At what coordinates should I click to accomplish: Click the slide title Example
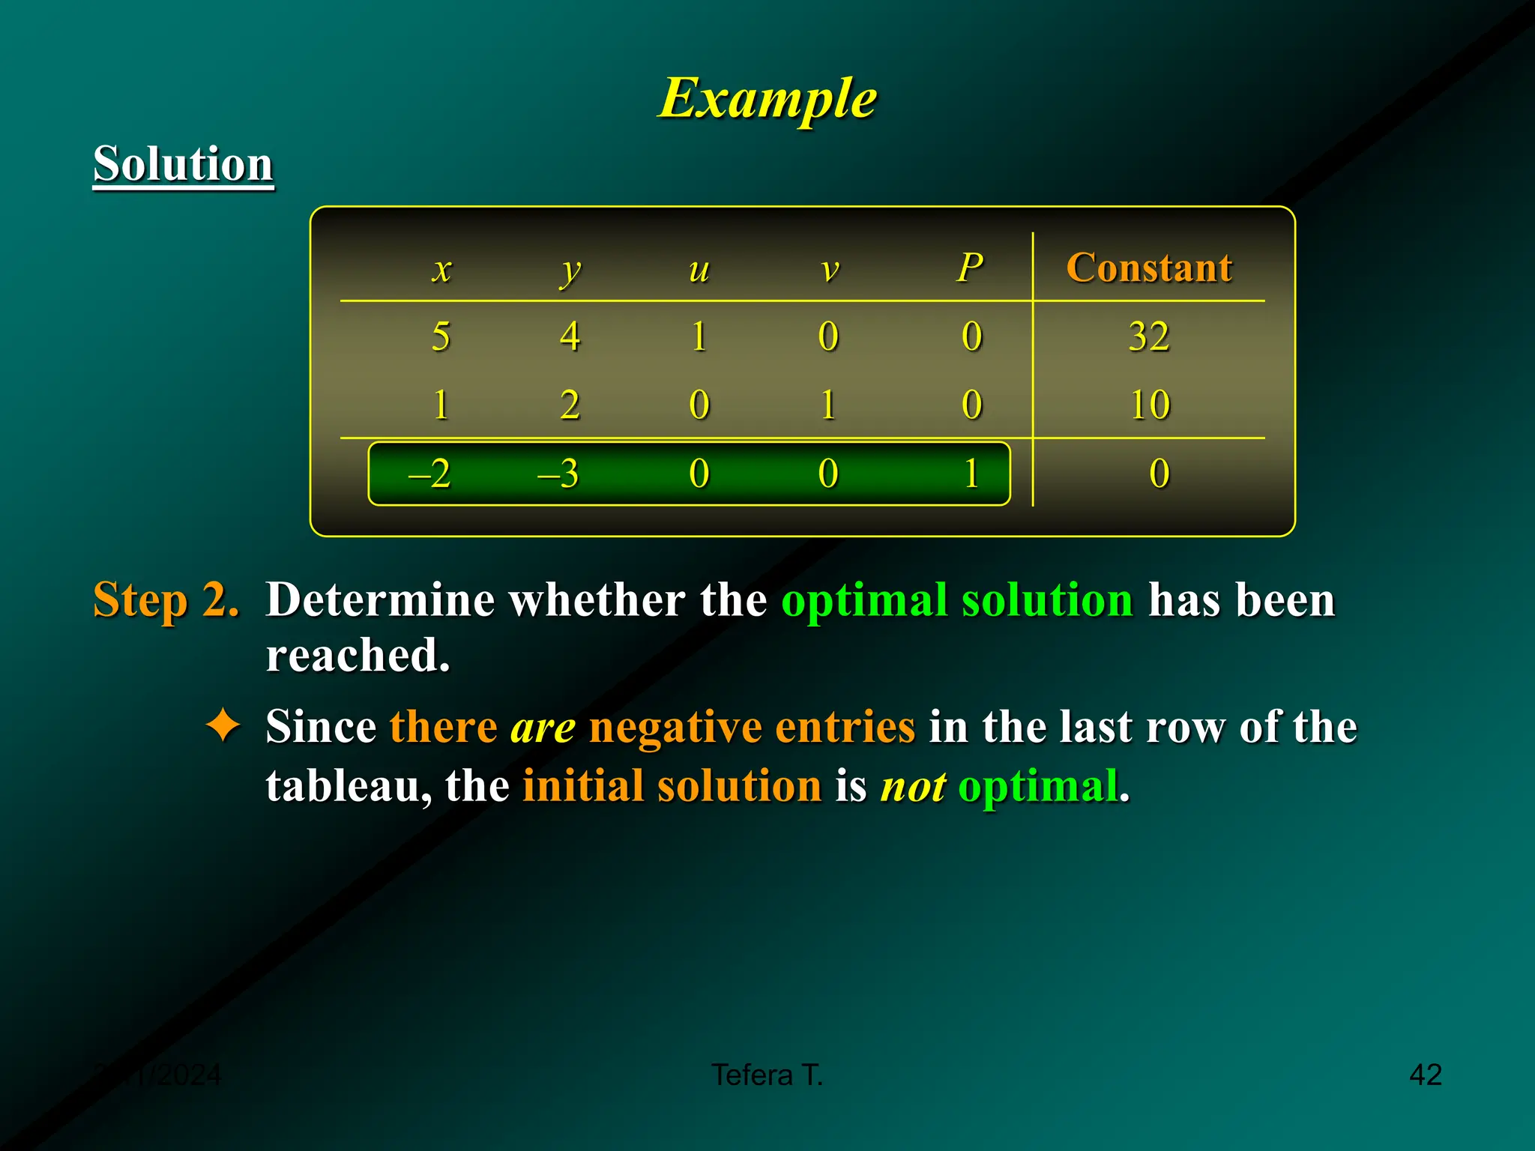[x=767, y=98]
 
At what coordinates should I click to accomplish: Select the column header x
[x=442, y=268]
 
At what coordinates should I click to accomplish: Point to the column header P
[x=970, y=268]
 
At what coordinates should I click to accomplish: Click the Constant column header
[x=1149, y=268]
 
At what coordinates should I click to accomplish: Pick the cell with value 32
[x=1149, y=336]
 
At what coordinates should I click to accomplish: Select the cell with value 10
[x=1150, y=405]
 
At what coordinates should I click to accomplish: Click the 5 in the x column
[x=441, y=336]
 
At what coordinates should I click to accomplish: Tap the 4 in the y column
[x=570, y=336]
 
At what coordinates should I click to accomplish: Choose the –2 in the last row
[x=429, y=474]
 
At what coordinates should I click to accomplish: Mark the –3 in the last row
[x=558, y=474]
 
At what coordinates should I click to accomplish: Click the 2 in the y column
[x=570, y=405]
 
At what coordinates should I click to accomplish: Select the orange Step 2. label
[x=166, y=600]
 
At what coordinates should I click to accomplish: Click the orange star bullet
[x=223, y=726]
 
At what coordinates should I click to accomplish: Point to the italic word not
[x=913, y=787]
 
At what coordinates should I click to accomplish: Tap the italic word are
[x=543, y=727]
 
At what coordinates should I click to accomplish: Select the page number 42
[x=1426, y=1075]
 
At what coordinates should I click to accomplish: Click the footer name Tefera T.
[x=767, y=1075]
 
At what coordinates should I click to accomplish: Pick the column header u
[x=699, y=268]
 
